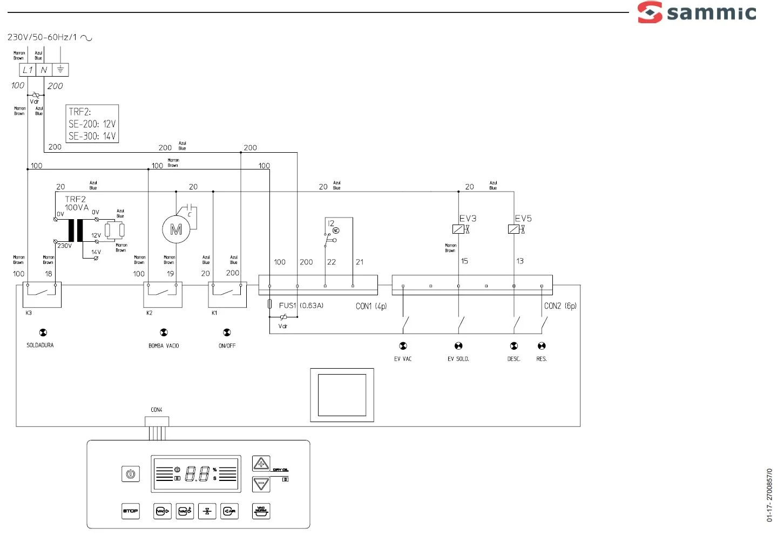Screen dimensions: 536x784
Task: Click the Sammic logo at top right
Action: [x=697, y=12]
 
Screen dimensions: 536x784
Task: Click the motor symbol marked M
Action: [x=176, y=230]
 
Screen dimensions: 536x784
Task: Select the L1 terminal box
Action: [x=28, y=70]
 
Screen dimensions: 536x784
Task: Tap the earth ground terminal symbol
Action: [x=60, y=70]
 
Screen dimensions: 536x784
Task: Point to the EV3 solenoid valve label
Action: [x=468, y=218]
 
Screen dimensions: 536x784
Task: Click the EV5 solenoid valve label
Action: [x=523, y=218]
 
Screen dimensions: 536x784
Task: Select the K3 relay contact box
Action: [x=42, y=294]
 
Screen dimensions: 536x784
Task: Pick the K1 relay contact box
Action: [x=227, y=294]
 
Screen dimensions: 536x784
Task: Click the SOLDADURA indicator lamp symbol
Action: [x=43, y=333]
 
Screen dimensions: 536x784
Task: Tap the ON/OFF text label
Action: [x=227, y=345]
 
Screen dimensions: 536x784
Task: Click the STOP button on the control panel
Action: [x=131, y=511]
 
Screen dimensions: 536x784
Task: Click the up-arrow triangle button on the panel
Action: [x=261, y=464]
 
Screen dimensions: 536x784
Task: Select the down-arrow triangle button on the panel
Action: [x=261, y=484]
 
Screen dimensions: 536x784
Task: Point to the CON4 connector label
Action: [x=157, y=410]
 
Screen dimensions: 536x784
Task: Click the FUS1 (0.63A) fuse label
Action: [x=301, y=306]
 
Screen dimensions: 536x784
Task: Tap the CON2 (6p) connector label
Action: [x=560, y=306]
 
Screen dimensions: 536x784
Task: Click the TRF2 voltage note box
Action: [x=92, y=124]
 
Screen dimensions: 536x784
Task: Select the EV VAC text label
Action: [x=403, y=359]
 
